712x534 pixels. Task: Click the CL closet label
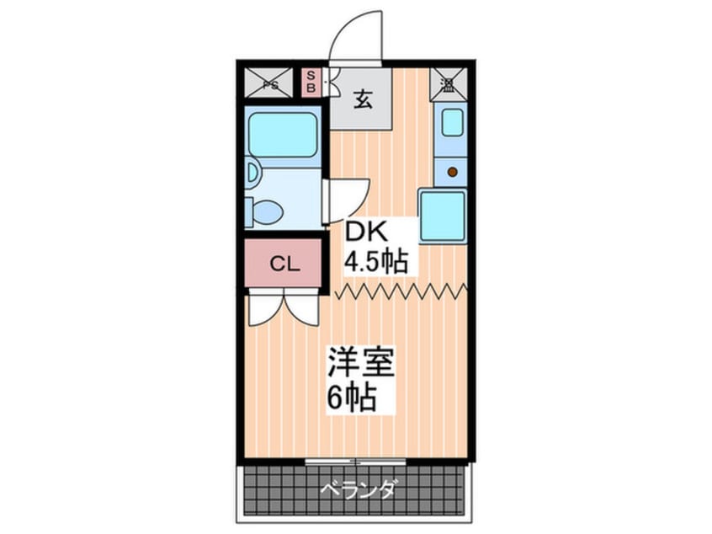[284, 264]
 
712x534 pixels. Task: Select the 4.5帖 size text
[375, 261]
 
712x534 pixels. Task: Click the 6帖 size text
[351, 397]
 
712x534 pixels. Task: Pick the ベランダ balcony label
[352, 489]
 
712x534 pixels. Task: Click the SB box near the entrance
[311, 83]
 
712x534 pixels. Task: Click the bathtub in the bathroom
[283, 136]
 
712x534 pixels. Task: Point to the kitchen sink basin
[452, 123]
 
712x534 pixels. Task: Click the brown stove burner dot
[452, 172]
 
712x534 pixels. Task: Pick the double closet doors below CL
[283, 311]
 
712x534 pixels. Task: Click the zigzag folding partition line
[400, 291]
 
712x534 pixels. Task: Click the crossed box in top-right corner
[447, 83]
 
